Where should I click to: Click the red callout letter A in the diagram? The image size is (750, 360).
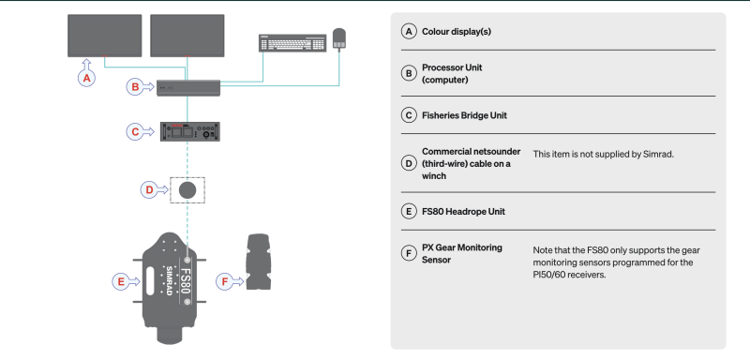[86, 79]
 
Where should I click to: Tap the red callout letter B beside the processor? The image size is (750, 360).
[135, 87]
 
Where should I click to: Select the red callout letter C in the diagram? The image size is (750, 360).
[135, 131]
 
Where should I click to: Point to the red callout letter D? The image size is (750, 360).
[149, 190]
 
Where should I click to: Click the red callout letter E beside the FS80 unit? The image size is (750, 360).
[121, 282]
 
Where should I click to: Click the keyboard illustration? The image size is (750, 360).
[292, 42]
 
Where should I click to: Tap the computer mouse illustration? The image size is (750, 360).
[339, 38]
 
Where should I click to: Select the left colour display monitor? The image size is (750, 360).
[105, 36]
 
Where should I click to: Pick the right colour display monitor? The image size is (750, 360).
[187, 36]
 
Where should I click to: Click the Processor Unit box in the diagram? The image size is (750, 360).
[188, 88]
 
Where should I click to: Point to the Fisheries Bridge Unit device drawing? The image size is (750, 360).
[190, 131]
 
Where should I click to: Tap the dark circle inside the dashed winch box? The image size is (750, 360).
[187, 190]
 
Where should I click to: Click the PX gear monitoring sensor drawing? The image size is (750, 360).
[259, 262]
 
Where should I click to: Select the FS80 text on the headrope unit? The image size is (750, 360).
[186, 281]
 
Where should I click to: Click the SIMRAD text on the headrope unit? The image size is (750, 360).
[169, 280]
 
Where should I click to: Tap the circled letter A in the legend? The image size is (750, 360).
[408, 32]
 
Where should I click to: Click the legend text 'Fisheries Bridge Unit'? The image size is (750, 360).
[464, 115]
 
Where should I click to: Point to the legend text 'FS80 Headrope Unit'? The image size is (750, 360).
[463, 211]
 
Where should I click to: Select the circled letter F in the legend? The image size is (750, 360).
[408, 253]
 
